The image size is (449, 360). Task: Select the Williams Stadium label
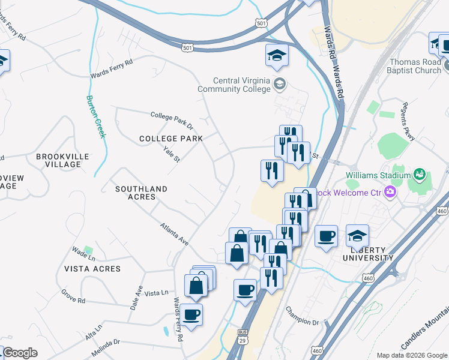(377, 175)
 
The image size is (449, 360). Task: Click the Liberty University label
(368, 253)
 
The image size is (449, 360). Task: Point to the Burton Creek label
(95, 116)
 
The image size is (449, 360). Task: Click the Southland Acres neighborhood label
(142, 193)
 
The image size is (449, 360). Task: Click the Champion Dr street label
(302, 314)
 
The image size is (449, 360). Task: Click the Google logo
(20, 353)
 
